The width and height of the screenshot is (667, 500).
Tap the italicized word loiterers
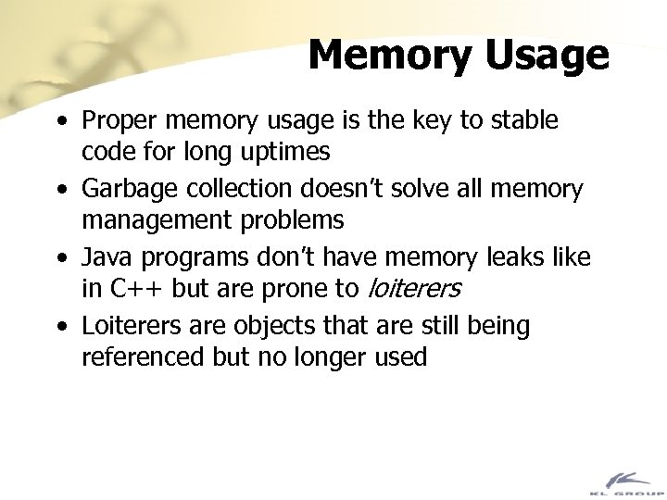point(413,290)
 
